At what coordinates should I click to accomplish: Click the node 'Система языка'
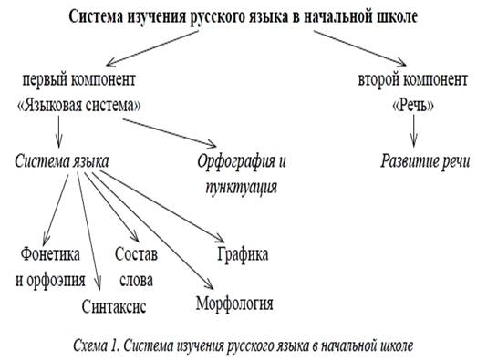63,162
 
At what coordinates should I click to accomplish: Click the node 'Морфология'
235,301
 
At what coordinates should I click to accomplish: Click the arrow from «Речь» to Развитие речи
414,130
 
